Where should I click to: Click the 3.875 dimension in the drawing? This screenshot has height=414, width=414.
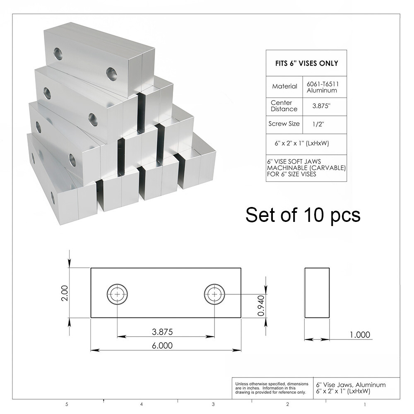pos(162,332)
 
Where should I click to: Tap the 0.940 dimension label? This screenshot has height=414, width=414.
pos(261,306)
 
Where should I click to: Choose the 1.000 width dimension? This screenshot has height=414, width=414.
pos(360,335)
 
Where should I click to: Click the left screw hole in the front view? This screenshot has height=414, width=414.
pos(118,294)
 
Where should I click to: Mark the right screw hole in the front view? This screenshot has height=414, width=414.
pos(214,294)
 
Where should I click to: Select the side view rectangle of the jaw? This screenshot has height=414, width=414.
pos(317,292)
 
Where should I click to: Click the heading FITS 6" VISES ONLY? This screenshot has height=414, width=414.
pos(306,63)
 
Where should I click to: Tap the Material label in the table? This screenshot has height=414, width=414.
pos(285,87)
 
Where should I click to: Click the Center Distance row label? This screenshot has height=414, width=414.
pos(284,106)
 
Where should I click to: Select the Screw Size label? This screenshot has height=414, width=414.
pos(284,124)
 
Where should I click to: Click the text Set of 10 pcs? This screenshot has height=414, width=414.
pos(303,215)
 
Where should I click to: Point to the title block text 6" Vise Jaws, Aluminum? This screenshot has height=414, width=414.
pos(351,385)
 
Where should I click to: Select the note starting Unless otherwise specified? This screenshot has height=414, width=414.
pos(272,388)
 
